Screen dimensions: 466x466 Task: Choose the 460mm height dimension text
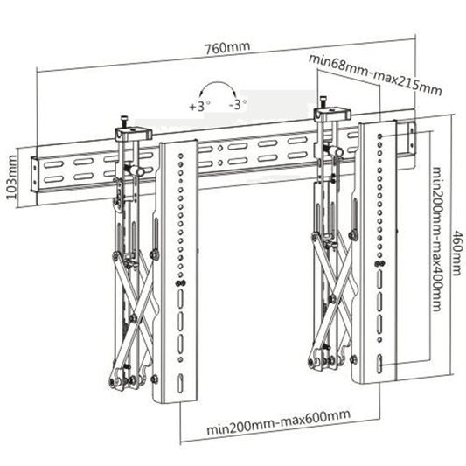pyautogui.click(x=456, y=244)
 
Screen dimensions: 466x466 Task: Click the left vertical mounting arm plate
pyautogui.click(x=180, y=271)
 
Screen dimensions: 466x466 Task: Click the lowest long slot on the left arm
pyautogui.click(x=180, y=385)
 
